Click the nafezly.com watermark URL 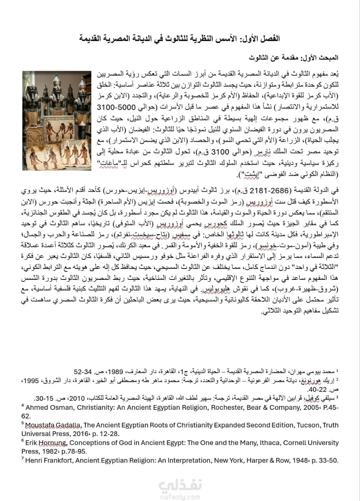coord(180,495)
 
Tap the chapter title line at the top coord(180,39)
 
